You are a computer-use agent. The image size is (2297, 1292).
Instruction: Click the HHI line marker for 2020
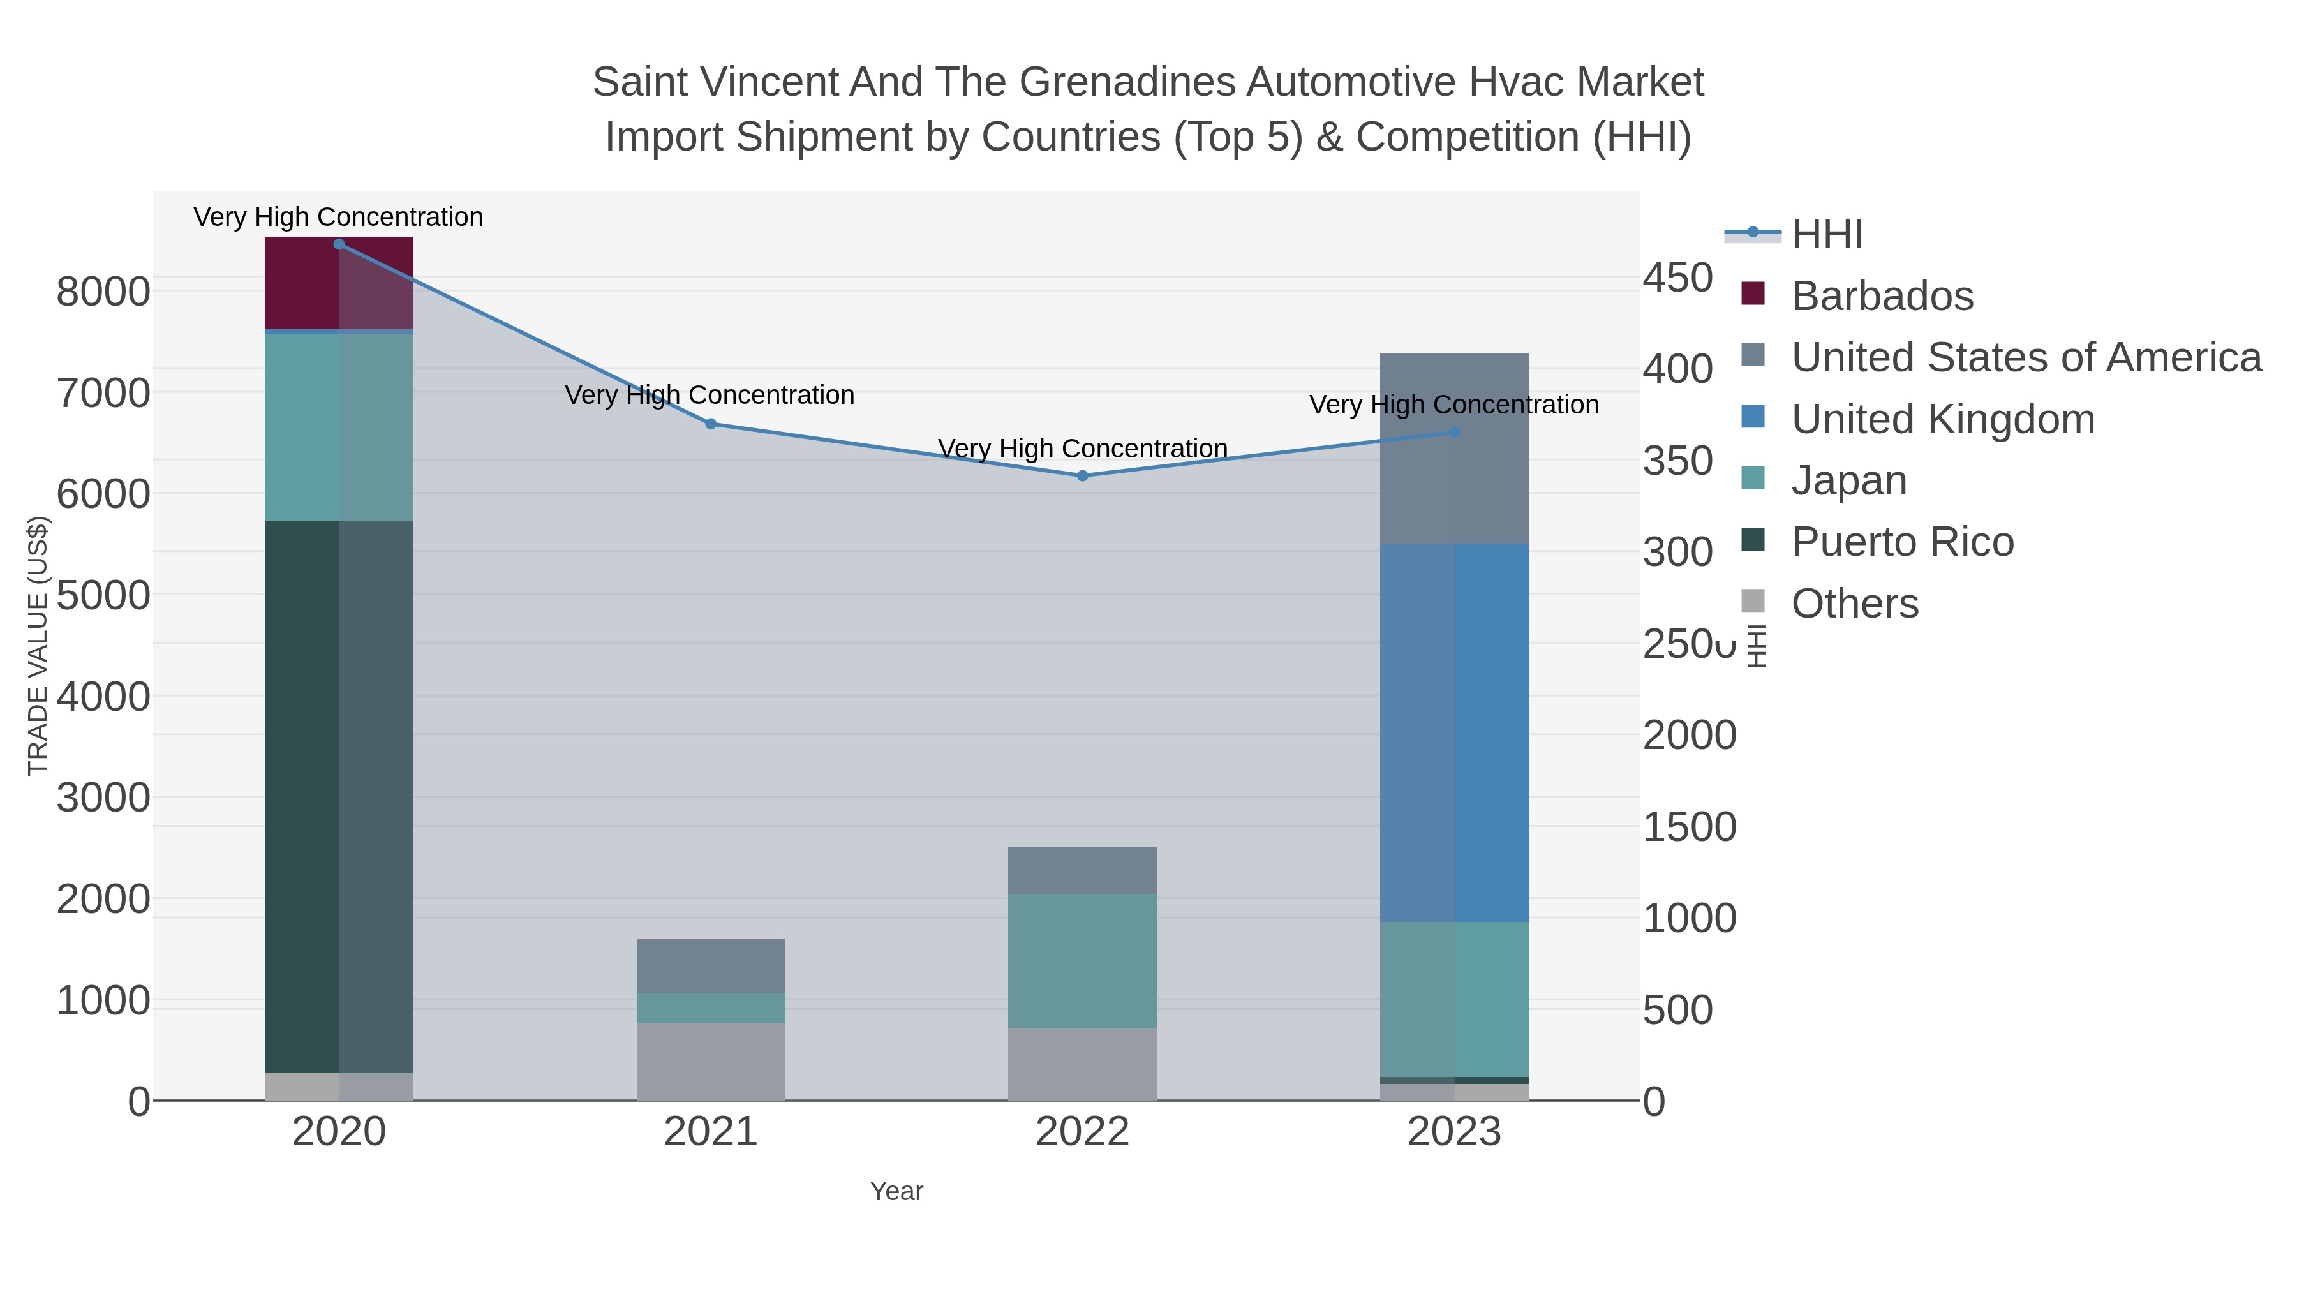(x=339, y=244)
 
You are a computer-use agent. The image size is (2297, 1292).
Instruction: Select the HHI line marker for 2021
(x=711, y=424)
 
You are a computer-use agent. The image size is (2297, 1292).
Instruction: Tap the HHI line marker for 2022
(x=1083, y=476)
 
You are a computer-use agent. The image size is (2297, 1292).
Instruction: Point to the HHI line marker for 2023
(x=1454, y=433)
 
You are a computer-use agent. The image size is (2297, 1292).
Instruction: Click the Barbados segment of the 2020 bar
(x=339, y=283)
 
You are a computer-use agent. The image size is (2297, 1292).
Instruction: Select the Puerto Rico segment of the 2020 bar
(x=339, y=796)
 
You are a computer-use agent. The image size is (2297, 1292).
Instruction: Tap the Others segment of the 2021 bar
(x=711, y=1061)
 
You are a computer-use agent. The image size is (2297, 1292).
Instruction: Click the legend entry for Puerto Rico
(x=1902, y=542)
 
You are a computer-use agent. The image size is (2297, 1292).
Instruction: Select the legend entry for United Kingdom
(x=1942, y=419)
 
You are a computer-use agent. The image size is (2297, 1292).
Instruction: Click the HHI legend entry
(x=1826, y=235)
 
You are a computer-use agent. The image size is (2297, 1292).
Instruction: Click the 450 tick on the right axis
(x=1677, y=278)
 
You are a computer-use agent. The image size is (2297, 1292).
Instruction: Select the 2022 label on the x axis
(x=1083, y=1132)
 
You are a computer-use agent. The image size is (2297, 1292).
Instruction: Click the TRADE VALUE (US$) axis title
(x=38, y=646)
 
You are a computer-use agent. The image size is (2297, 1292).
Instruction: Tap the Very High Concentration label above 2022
(x=1083, y=449)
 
